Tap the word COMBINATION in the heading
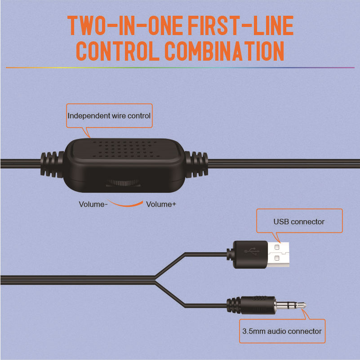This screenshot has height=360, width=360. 224,51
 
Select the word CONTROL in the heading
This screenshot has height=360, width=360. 118,51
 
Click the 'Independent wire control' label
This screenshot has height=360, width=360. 109,116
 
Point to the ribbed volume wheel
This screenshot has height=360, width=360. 123,183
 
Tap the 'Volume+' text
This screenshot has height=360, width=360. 161,204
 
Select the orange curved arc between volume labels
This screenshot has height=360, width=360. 125,204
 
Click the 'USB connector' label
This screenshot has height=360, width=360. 299,222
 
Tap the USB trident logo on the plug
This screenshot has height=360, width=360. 252,251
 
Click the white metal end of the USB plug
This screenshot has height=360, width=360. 278,254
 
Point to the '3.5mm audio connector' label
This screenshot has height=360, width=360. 282,331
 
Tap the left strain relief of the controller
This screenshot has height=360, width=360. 52,164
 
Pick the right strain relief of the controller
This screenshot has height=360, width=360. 196,164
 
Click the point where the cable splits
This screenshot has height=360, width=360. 155,280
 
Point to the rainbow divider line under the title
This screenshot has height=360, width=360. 180,68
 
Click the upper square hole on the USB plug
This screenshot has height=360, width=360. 277,247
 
